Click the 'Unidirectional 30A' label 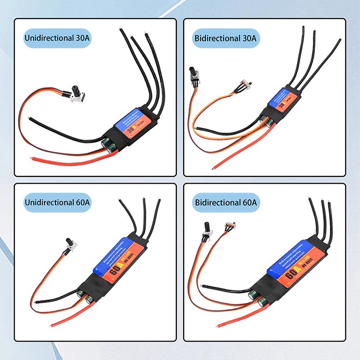(57, 38)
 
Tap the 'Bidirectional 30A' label (225, 38)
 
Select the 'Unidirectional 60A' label (57, 203)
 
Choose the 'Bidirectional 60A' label (225, 203)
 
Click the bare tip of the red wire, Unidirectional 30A (32, 158)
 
